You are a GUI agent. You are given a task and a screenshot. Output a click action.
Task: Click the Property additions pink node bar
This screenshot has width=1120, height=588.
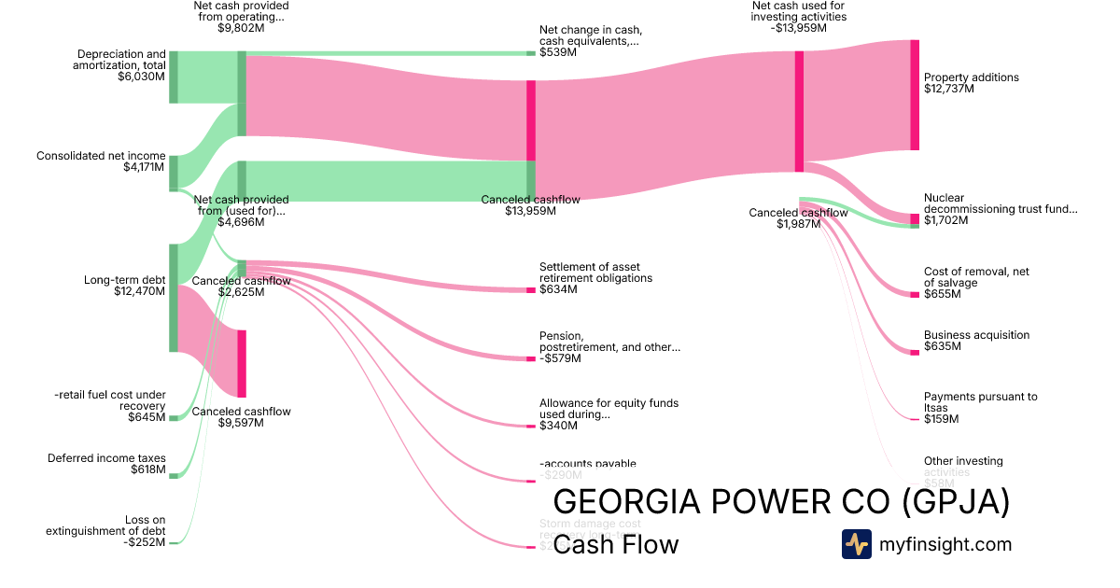pos(915,94)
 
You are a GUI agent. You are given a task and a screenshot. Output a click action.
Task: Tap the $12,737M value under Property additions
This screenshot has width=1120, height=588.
pos(949,90)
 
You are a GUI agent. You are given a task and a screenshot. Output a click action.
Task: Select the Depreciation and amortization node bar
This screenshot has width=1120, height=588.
pos(174,77)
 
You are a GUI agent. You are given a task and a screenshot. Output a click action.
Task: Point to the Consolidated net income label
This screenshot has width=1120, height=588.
pos(101,156)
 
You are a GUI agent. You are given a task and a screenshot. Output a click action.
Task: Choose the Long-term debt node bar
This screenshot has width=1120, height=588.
pos(174,298)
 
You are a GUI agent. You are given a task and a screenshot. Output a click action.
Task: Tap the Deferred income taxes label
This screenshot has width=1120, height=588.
pos(106,458)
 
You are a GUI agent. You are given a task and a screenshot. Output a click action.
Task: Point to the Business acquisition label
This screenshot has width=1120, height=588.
pos(976,335)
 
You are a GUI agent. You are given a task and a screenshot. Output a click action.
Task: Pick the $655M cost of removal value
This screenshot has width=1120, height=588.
pos(943,295)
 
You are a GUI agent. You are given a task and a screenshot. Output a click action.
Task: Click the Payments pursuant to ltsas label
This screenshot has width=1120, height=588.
pos(980,402)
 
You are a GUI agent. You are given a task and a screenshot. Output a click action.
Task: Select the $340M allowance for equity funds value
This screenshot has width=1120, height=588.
pos(558,427)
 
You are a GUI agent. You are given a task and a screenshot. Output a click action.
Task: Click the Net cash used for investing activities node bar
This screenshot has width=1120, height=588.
pos(799,111)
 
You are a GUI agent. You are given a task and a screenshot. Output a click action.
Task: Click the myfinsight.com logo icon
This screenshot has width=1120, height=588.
pos(856,544)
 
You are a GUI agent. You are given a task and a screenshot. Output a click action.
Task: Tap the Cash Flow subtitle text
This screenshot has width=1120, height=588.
pos(616,545)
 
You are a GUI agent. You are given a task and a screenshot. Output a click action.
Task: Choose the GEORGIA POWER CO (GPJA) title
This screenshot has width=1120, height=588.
pos(781,502)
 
